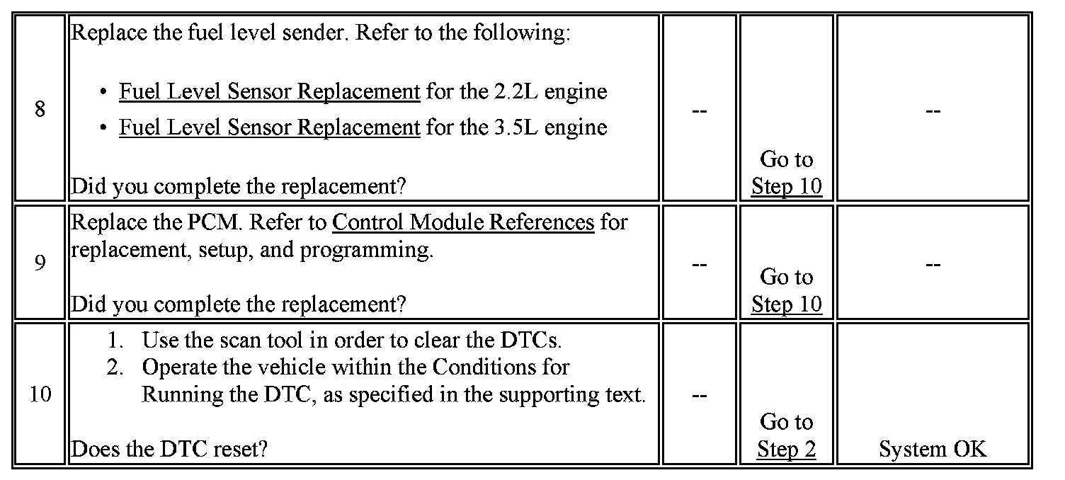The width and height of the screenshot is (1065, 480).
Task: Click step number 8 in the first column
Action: tap(40, 110)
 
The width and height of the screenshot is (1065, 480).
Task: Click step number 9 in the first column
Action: tap(40, 263)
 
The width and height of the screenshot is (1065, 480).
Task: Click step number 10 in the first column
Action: tap(40, 394)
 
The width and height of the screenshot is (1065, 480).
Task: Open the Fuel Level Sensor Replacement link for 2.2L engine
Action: tap(269, 92)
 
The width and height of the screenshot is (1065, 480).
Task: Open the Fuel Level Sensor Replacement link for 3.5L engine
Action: tap(269, 127)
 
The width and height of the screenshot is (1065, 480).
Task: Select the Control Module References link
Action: tap(463, 222)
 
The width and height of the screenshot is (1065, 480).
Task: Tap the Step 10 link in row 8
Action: tap(786, 186)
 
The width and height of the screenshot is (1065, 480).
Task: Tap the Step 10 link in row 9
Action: tap(786, 304)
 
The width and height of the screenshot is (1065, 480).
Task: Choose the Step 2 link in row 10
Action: tap(786, 449)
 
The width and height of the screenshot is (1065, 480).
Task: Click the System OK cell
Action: tap(932, 449)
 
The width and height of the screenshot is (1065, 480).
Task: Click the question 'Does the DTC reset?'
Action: tap(170, 449)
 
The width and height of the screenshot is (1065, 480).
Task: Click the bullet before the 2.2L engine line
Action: tap(104, 93)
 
